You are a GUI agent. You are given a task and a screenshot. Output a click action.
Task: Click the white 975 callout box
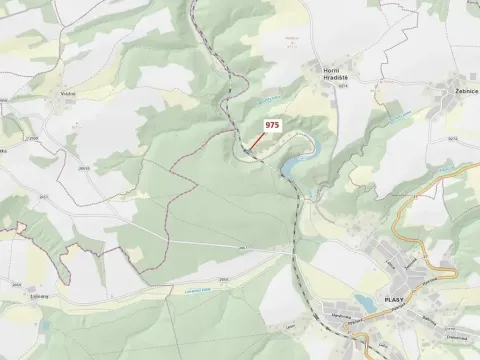(271, 125)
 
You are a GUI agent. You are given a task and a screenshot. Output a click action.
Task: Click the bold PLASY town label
(393, 300)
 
